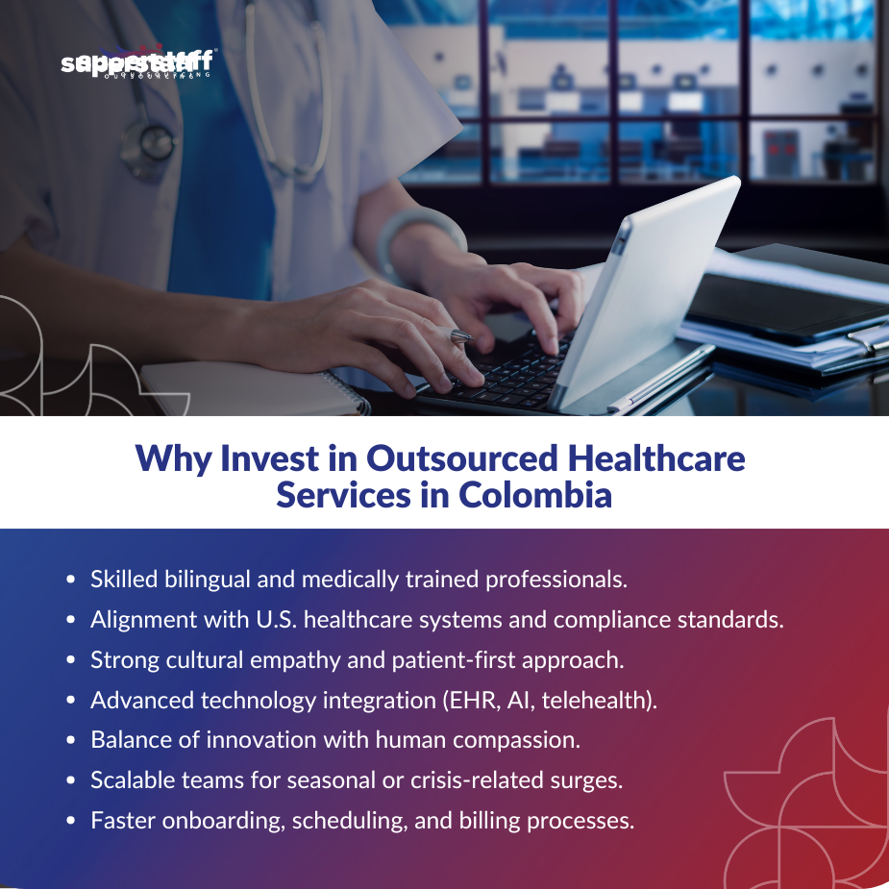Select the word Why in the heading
click(174, 457)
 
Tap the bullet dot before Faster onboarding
click(71, 822)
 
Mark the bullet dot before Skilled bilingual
click(71, 580)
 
